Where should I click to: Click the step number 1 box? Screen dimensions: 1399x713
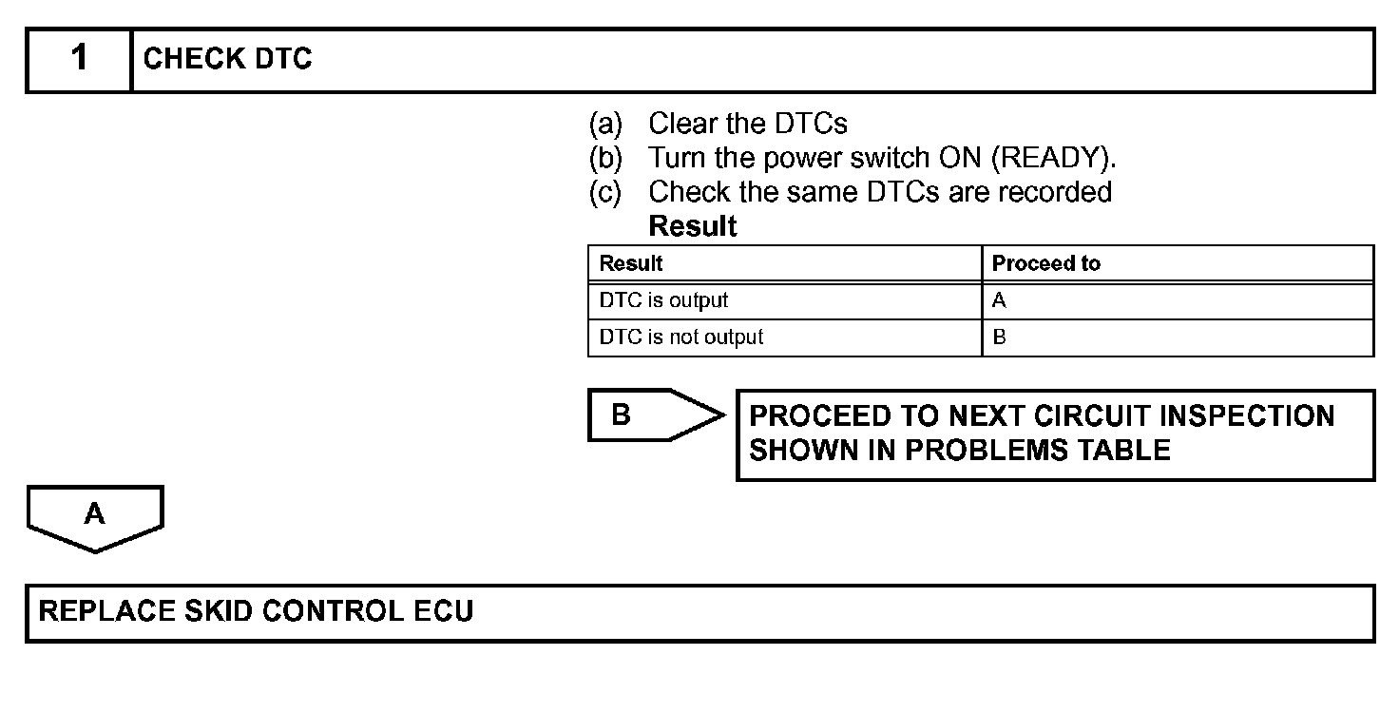point(79,59)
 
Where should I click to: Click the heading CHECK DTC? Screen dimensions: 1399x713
point(227,59)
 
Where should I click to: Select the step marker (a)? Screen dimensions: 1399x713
point(605,124)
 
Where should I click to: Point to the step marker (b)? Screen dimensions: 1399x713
point(605,158)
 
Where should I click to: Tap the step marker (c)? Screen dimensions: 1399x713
point(605,192)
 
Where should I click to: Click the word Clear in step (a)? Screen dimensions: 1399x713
point(681,124)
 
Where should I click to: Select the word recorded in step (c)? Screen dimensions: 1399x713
point(1055,192)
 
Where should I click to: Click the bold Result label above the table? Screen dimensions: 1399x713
point(692,226)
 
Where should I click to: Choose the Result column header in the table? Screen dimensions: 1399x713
point(631,263)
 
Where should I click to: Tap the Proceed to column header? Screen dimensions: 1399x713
point(1045,263)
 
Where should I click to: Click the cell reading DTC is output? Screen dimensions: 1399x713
point(663,300)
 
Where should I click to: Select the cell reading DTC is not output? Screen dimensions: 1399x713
point(680,337)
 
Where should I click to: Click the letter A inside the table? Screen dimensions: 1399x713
point(999,301)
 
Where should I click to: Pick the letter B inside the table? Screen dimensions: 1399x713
point(999,337)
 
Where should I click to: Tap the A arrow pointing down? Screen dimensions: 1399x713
point(95,517)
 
